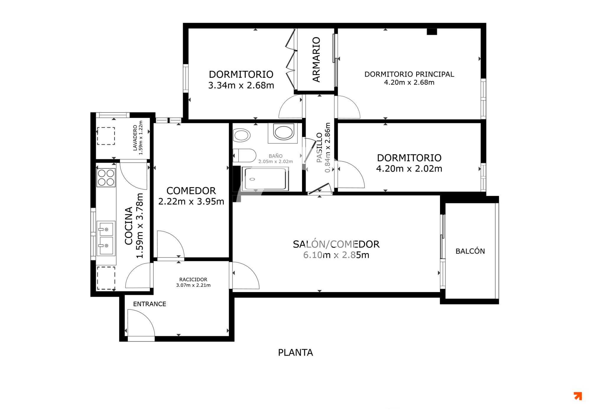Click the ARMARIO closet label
(316, 59)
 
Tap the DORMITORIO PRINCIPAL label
(409, 74)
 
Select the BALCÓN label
(470, 251)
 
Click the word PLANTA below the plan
(295, 352)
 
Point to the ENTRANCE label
(150, 304)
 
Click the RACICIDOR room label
(193, 279)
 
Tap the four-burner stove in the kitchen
(106, 177)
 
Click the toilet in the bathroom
(244, 155)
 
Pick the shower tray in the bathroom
(265, 179)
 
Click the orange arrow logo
(578, 396)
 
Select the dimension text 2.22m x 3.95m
(191, 201)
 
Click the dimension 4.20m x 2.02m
(409, 169)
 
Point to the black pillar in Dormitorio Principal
(432, 31)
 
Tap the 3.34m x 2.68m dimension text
(241, 85)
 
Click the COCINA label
(129, 226)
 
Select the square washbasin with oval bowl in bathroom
(283, 133)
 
